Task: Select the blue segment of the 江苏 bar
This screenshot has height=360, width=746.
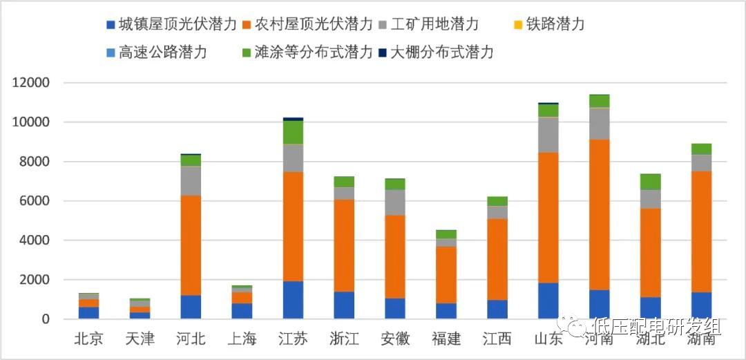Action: pos(293,300)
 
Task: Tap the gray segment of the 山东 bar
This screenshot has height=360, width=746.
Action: pos(548,135)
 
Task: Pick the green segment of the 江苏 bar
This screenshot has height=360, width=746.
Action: pos(293,132)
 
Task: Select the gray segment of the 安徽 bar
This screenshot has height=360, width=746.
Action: pos(395,202)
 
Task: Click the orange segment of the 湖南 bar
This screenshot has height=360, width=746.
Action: pos(701,231)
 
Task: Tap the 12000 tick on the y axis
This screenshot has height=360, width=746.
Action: pos(31,83)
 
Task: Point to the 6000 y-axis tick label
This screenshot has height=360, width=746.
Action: pos(35,201)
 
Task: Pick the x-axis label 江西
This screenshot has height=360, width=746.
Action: pos(497,339)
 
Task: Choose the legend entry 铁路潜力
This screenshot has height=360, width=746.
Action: pos(550,25)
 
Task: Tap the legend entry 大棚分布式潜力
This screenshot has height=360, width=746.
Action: pos(441,53)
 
